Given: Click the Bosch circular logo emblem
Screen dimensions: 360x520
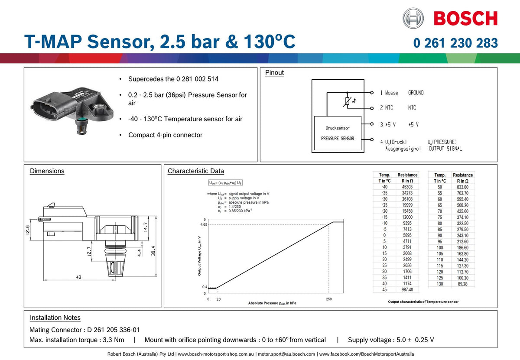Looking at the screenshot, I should click(x=413, y=18).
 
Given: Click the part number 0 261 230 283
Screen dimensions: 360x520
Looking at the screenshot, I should click(x=455, y=43).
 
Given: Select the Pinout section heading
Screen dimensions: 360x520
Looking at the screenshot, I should click(x=274, y=73).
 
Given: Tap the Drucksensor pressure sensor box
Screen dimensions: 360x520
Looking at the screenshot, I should click(x=338, y=133).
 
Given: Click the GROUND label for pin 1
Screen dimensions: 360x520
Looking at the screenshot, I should click(x=416, y=93).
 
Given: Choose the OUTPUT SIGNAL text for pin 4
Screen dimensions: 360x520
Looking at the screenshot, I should click(x=445, y=149).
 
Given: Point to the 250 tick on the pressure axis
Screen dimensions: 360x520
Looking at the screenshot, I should click(x=328, y=299).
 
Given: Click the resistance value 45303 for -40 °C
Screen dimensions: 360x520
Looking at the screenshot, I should click(x=407, y=187).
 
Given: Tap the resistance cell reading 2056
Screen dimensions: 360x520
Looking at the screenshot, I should click(x=407, y=265).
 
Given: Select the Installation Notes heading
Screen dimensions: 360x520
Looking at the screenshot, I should click(x=55, y=318).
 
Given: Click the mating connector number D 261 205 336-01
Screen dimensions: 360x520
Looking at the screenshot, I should click(x=113, y=330).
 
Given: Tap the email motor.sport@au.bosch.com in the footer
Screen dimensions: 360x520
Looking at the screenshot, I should click(x=286, y=354).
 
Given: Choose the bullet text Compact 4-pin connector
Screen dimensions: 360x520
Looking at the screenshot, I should click(x=165, y=135).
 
